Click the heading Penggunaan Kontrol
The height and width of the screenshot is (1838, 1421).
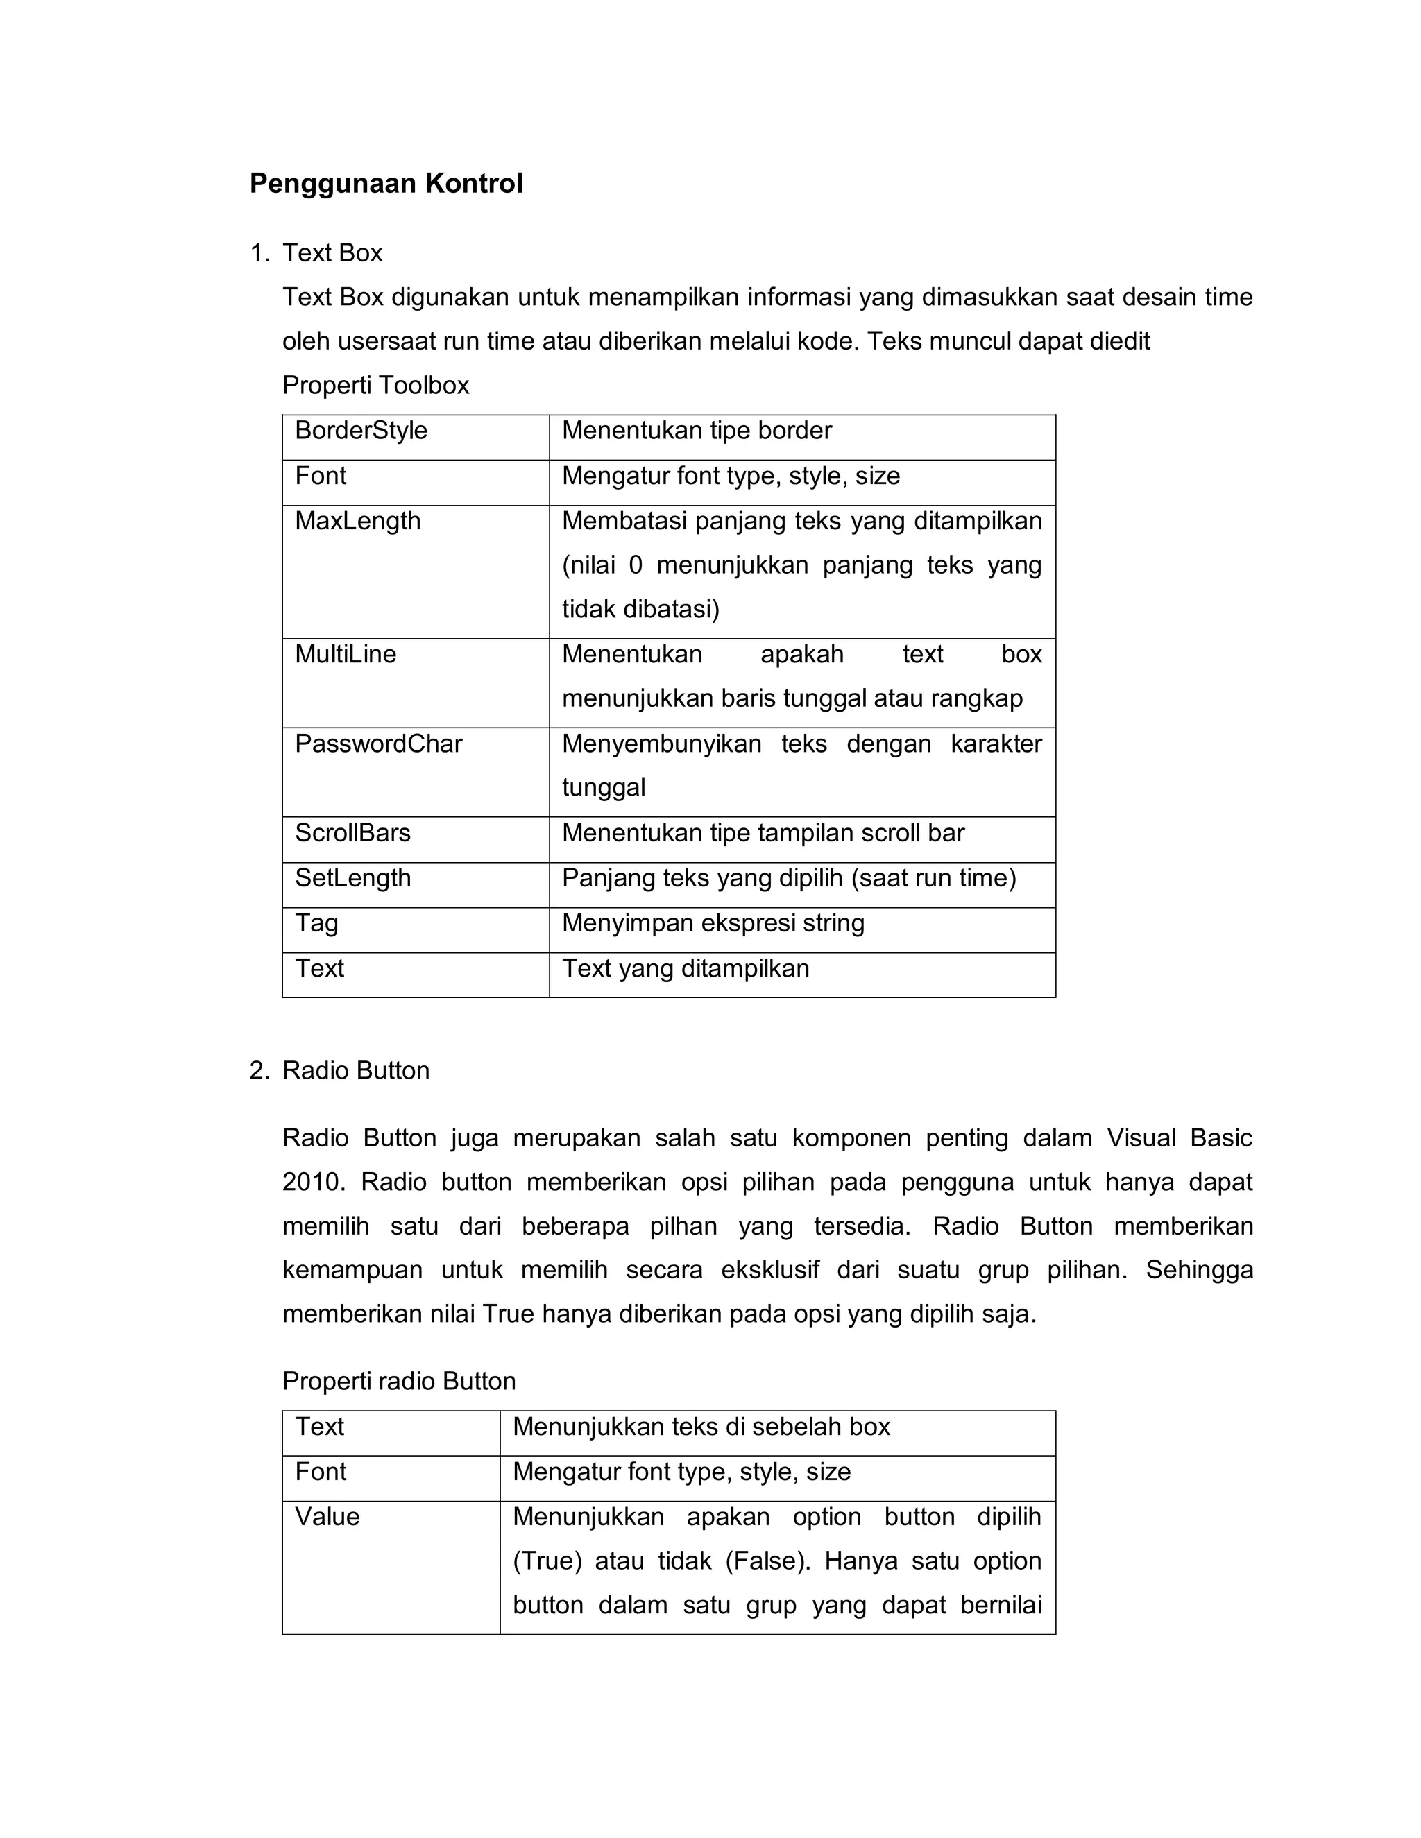coord(386,184)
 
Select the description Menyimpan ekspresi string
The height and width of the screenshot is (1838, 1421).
coord(713,924)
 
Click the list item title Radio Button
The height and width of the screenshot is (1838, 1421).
coord(356,1070)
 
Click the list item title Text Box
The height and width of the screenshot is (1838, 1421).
coord(332,253)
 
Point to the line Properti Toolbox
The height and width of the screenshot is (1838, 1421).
coord(375,386)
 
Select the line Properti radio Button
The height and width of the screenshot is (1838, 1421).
coord(399,1382)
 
